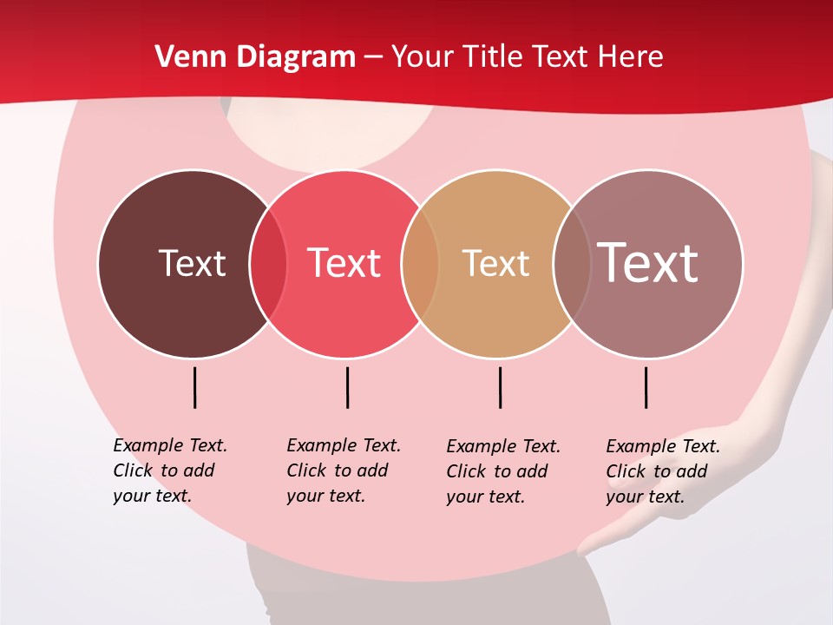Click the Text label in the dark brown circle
tap(192, 263)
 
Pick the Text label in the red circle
tap(344, 263)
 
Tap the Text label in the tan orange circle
tap(495, 263)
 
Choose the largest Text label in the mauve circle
tap(648, 263)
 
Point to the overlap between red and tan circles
tap(420, 264)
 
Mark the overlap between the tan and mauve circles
tap(572, 264)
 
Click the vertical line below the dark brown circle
tap(194, 387)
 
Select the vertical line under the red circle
tap(347, 387)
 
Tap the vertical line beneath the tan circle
tap(500, 387)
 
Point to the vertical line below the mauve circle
tap(646, 387)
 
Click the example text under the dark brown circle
tap(169, 470)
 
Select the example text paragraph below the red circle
tap(343, 470)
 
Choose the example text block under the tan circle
tap(502, 471)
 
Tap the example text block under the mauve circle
tap(662, 471)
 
